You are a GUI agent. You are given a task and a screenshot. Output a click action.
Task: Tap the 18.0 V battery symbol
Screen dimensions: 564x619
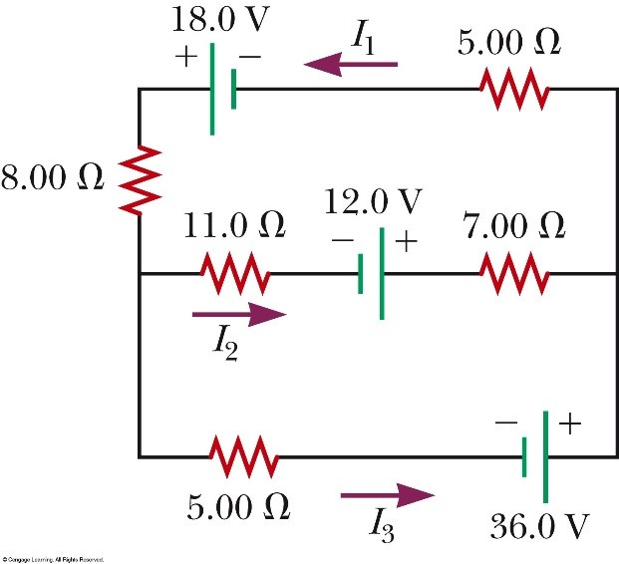pos(222,89)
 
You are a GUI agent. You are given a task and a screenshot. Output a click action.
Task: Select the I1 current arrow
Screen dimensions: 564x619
pos(351,65)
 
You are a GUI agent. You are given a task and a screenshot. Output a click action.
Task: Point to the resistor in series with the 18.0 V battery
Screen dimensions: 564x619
pos(514,89)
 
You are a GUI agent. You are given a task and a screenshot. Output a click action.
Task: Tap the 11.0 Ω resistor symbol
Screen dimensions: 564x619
pos(232,272)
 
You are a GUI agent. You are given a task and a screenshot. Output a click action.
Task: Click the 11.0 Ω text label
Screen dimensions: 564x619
pos(233,226)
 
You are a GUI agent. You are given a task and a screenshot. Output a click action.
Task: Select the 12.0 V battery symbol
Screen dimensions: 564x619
pos(371,272)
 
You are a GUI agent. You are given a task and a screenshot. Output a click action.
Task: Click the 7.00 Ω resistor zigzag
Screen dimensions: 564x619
pos(514,272)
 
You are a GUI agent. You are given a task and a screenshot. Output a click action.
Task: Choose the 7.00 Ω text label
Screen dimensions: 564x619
pos(514,226)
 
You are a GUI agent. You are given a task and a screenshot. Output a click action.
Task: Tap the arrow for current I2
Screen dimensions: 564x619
pos(238,315)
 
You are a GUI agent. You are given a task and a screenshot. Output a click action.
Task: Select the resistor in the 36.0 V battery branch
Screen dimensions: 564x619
pos(242,456)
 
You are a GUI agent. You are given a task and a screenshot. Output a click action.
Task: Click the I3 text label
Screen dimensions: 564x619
pos(383,525)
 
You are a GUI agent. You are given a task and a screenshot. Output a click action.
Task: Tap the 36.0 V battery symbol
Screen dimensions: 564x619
pos(536,456)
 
